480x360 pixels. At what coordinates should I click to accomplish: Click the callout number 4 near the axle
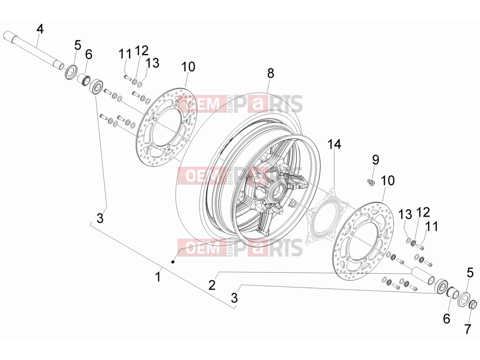[40, 29]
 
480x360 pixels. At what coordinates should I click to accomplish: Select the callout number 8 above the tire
[271, 73]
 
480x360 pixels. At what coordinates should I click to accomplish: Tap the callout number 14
[334, 144]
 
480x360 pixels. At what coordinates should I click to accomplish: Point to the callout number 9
[376, 160]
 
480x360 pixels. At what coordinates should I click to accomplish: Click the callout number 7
[467, 329]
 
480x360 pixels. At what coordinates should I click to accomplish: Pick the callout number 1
[158, 277]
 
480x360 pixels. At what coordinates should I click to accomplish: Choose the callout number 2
[212, 285]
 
